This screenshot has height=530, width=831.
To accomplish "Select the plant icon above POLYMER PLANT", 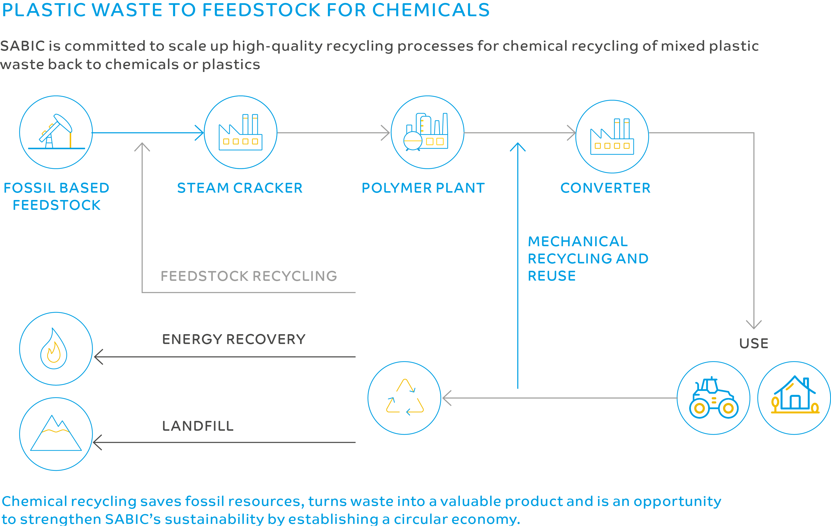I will point(427,132).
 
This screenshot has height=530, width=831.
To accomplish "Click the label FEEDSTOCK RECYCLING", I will point(248,276).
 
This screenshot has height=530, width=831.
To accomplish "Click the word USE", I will point(754,343).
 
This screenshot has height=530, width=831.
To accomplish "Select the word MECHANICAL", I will point(578,241).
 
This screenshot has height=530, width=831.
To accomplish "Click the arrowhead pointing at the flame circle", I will point(98,357).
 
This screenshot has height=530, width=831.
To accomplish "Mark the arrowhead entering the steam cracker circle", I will point(200,133).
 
